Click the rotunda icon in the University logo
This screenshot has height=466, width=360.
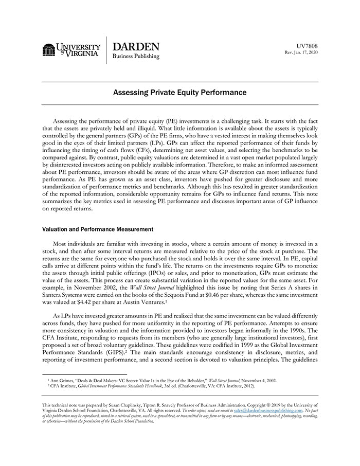pyautogui.click(x=49, y=49)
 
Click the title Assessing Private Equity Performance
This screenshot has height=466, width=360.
pyautogui.click(x=180, y=93)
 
